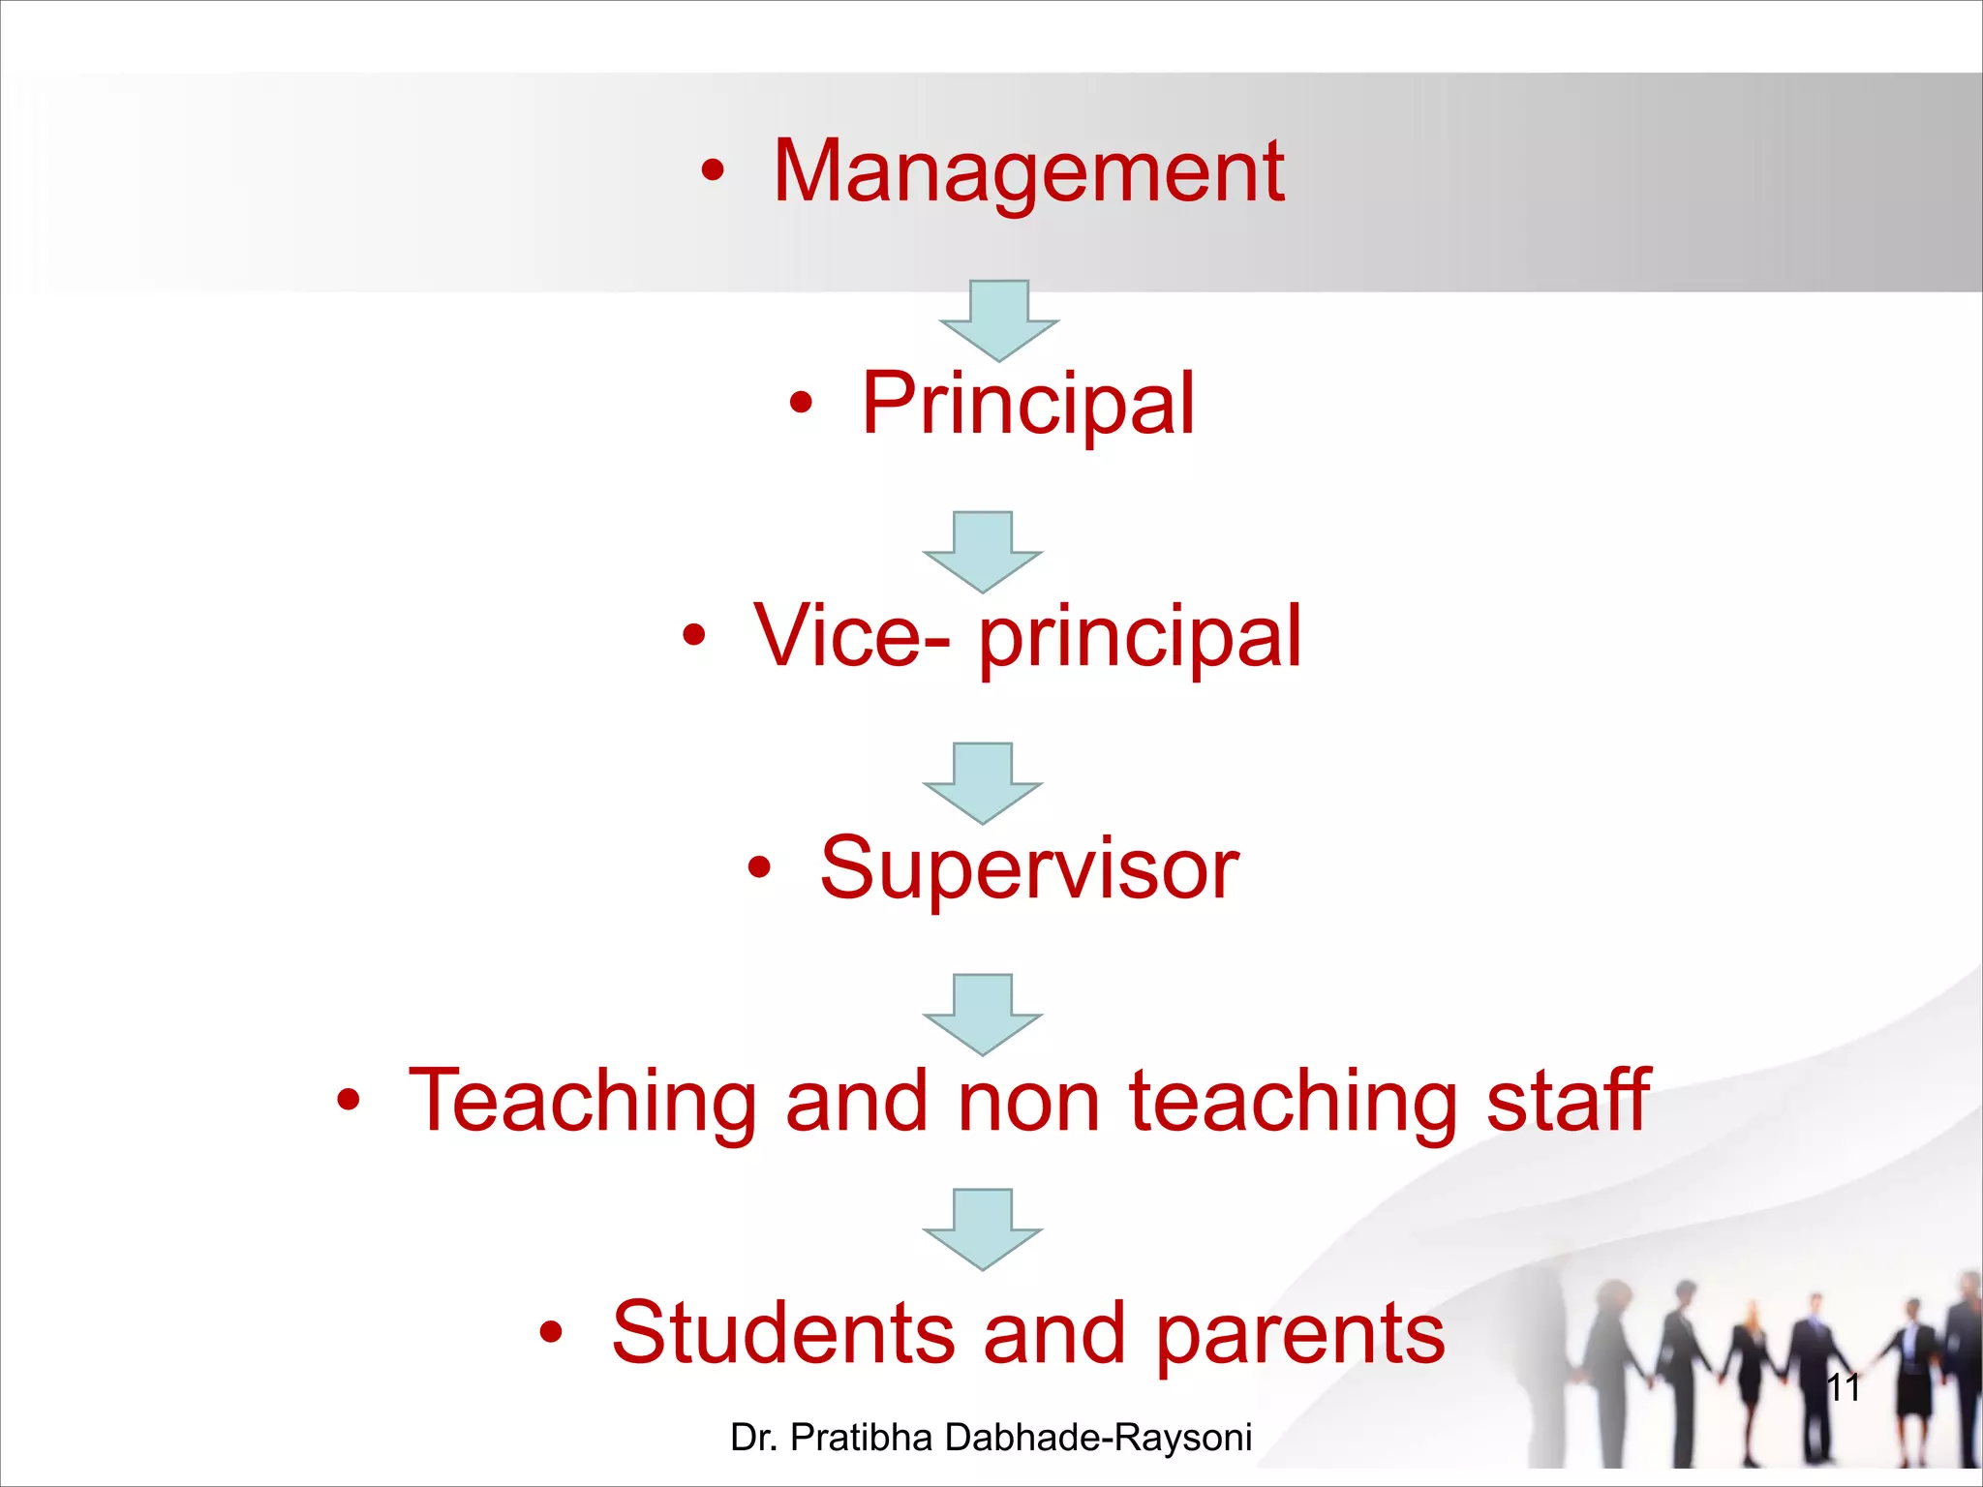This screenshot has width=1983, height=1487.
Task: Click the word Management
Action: [x=1028, y=172]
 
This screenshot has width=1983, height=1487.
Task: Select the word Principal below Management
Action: [x=1028, y=405]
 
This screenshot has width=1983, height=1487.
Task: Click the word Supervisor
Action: [x=1029, y=868]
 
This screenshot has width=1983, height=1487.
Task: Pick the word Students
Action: [x=784, y=1333]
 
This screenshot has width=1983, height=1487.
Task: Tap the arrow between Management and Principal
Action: [x=998, y=320]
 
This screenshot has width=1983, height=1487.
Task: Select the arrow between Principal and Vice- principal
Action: [x=983, y=552]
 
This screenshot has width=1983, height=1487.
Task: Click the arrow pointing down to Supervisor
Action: [x=983, y=783]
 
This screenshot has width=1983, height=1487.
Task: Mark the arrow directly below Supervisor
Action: [x=983, y=1015]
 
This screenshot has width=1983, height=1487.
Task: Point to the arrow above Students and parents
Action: [x=983, y=1229]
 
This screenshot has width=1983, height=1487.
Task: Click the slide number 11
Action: [x=1843, y=1388]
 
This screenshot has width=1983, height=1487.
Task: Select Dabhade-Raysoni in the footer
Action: [x=1098, y=1438]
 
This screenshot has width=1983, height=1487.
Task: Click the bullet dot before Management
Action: [x=713, y=172]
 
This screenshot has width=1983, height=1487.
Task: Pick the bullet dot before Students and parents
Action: [x=551, y=1333]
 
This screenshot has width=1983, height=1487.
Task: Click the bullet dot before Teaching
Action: [x=349, y=1101]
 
